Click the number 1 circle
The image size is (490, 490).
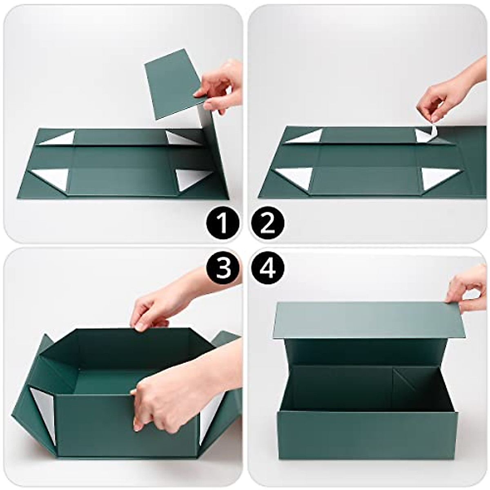click(x=222, y=223)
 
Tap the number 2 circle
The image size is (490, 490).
click(x=268, y=223)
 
